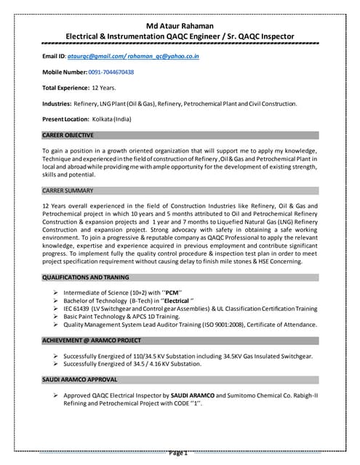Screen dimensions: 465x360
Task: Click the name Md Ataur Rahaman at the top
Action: click(180, 23)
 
